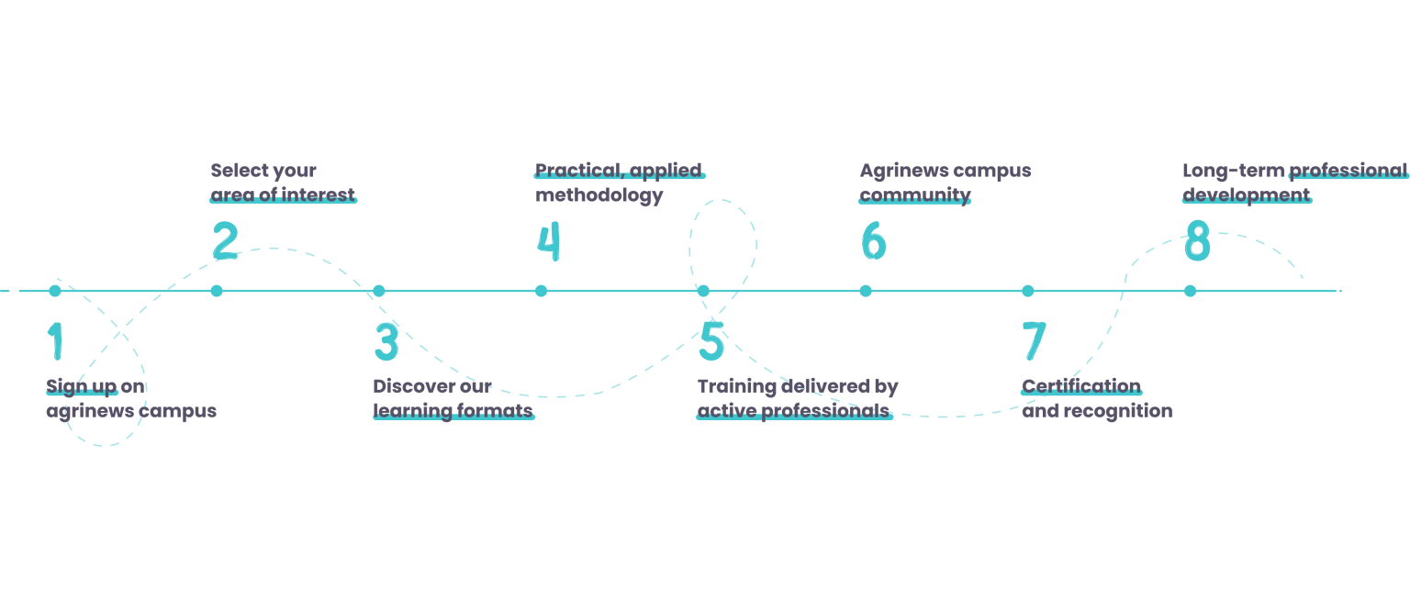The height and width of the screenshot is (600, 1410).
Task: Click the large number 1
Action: coord(56,341)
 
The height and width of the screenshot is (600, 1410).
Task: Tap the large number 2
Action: coord(225,241)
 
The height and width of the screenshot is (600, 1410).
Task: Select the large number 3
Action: coord(386,341)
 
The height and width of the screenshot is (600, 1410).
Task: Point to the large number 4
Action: coord(548,241)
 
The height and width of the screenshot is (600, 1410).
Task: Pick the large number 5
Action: coord(711,341)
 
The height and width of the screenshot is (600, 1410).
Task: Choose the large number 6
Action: coord(873,241)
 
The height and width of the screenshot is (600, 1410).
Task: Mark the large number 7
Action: coord(1034,341)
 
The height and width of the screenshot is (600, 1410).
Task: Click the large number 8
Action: coord(1197,241)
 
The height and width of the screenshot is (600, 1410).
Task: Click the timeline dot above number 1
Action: coord(55,291)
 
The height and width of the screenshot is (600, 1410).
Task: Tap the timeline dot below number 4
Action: coord(542,291)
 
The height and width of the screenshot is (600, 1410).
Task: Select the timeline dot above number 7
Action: coord(1028,291)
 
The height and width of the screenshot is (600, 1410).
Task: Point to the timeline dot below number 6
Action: coord(866,291)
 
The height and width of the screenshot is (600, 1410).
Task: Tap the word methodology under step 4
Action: coord(599,195)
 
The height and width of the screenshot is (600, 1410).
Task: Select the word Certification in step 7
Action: coord(1081,386)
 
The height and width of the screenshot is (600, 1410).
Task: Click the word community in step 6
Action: coord(914,195)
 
